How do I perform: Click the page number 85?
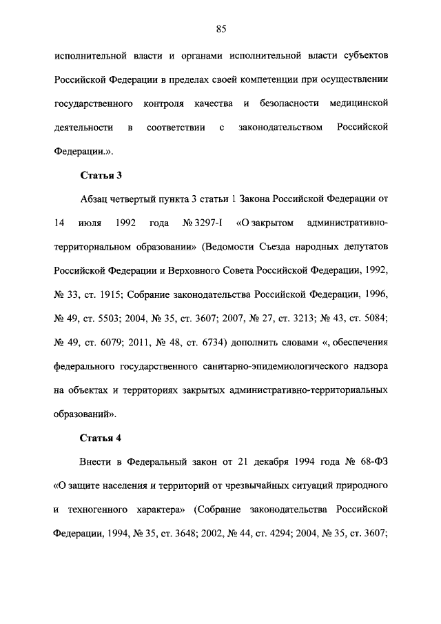point(220,28)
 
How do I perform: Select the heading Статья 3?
point(100,174)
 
